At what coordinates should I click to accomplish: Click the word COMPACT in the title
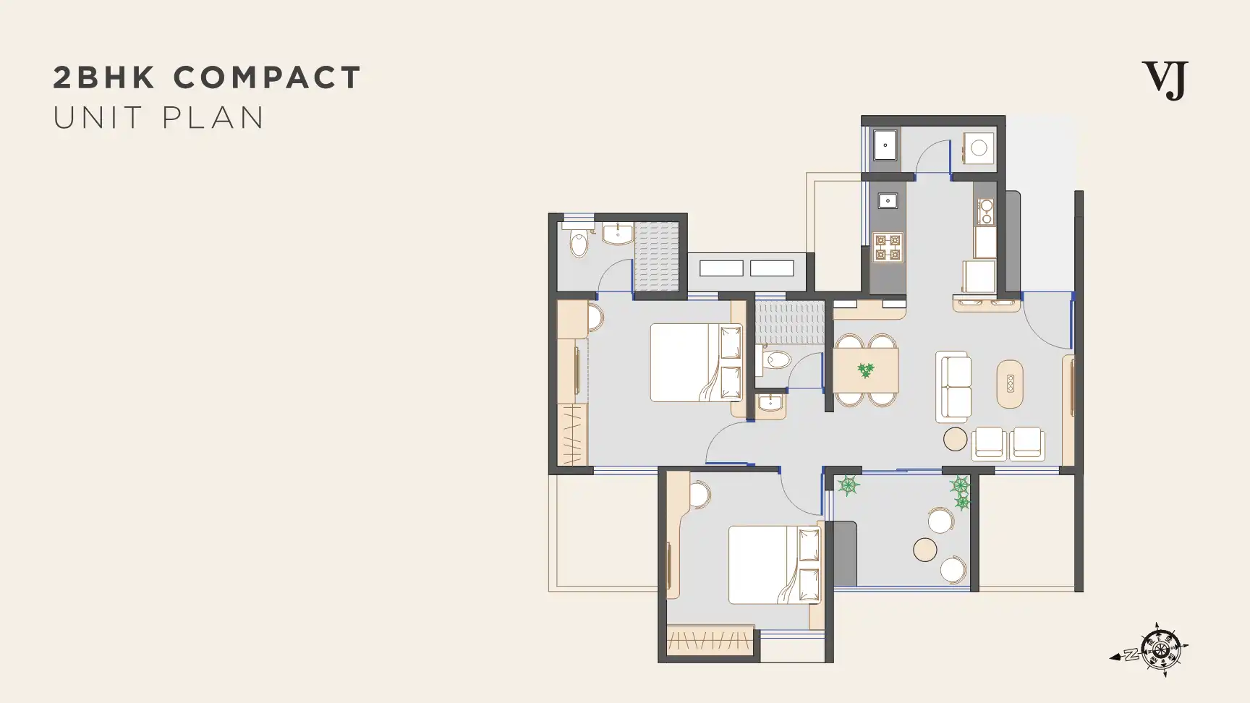[x=267, y=77]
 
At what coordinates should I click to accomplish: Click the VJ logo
[x=1165, y=80]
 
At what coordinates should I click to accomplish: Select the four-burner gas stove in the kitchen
[x=888, y=247]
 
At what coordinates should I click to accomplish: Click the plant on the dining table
[x=865, y=370]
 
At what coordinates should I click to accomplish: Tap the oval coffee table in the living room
[x=1010, y=383]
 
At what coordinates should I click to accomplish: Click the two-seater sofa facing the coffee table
[x=953, y=387]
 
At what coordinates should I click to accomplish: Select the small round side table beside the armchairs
[x=956, y=439]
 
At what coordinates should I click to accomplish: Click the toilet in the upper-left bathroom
[x=579, y=244]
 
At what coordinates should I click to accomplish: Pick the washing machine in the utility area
[x=978, y=148]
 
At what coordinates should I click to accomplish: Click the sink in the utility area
[x=885, y=145]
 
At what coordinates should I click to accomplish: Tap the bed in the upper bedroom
[x=697, y=362]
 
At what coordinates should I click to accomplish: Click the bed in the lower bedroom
[x=775, y=565]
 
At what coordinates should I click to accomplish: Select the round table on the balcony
[x=925, y=550]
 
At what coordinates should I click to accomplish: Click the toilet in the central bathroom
[x=776, y=359]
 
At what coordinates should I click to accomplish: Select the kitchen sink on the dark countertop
[x=888, y=200]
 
